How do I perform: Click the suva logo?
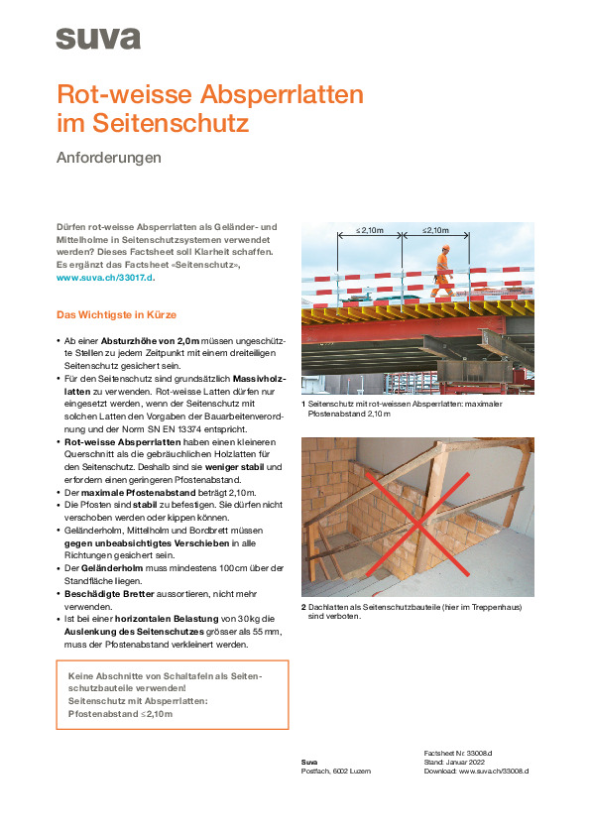pos(98,39)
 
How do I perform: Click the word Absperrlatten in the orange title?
pos(282,94)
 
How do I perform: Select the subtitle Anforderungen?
pos(109,158)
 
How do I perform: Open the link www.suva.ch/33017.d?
pos(105,278)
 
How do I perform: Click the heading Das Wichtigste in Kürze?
pos(116,314)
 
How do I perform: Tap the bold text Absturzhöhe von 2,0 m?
pos(150,341)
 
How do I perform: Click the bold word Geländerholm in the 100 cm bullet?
pos(112,569)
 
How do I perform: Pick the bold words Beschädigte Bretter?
pos(109,594)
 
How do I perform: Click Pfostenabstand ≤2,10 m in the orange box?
pos(120,714)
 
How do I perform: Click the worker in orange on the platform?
pos(443,271)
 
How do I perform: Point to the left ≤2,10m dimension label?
pos(370,231)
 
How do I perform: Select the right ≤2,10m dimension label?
pos(435,231)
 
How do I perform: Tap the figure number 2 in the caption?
pos(304,607)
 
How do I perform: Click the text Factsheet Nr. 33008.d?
pos(458,754)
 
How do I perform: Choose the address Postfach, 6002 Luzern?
pos(336,772)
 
